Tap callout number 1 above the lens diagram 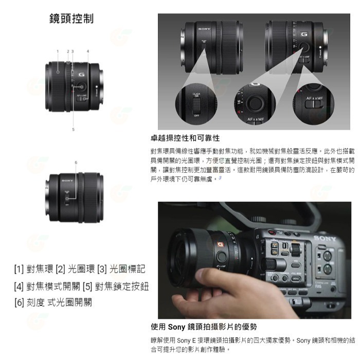coord(58,51)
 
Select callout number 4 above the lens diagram coord(88,51)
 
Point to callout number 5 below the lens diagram coord(74,129)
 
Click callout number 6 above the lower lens coord(76,163)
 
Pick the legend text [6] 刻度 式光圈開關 coord(53,303)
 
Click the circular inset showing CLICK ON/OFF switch coord(196,104)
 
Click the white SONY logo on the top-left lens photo coord(204,30)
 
